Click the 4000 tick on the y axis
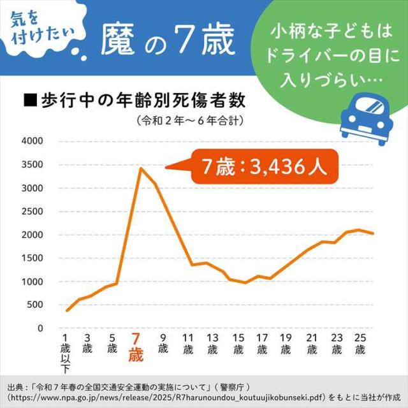pos(31,141)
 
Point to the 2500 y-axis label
pos(31,211)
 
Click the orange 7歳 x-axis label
pos(135,348)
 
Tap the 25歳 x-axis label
pos(360,343)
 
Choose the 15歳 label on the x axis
pos(238,343)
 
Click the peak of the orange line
pos(140,168)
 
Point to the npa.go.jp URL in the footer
pos(166,397)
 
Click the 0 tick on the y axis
pos(40,328)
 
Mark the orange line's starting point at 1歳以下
pos(66,310)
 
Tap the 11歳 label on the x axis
pos(188,343)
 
